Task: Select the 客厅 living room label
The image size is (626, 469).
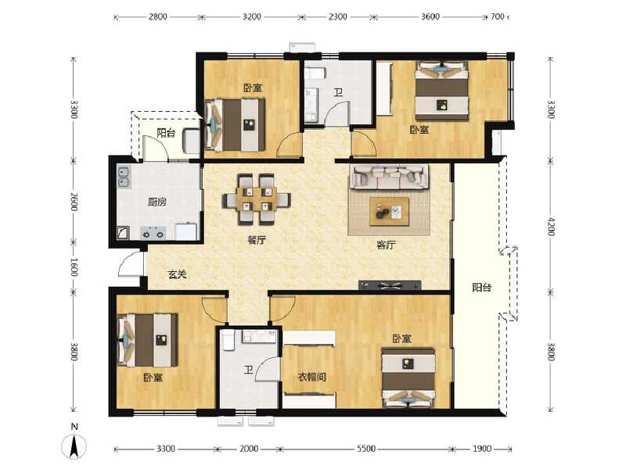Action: (386, 245)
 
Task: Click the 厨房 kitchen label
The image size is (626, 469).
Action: (156, 202)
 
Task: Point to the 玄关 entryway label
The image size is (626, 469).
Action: (177, 274)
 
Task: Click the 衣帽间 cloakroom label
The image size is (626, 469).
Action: (311, 377)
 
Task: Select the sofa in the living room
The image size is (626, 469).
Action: (389, 177)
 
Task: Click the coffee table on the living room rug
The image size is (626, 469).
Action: (390, 210)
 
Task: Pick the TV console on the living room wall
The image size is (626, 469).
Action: (390, 285)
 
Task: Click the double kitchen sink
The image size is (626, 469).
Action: (124, 177)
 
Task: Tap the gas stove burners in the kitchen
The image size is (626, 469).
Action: (152, 232)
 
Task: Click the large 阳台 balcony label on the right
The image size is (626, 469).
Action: (482, 288)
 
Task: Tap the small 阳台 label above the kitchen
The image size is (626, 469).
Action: (165, 133)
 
